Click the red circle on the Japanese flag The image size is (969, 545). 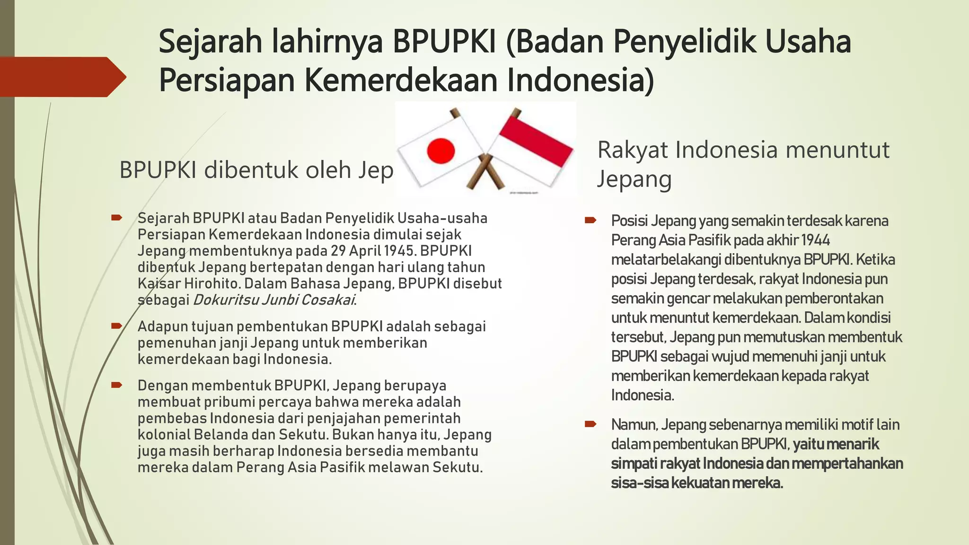[x=440, y=151]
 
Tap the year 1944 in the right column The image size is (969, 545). [x=816, y=240]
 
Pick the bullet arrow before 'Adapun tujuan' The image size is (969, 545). [x=116, y=326]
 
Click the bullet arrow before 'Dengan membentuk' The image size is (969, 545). [x=116, y=385]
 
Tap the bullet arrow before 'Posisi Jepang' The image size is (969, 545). [x=590, y=220]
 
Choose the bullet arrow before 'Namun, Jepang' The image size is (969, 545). [x=590, y=424]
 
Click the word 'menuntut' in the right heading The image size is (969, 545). [x=838, y=150]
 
